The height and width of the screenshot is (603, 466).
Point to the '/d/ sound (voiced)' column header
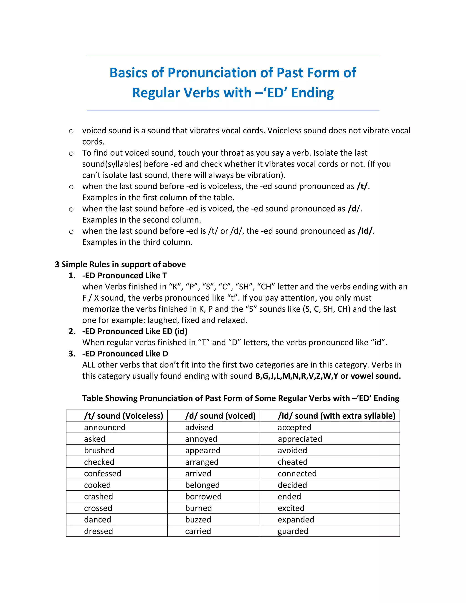tap(220, 416)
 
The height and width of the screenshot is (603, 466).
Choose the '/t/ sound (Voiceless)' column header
tap(123, 416)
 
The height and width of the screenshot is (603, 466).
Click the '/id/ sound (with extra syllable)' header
tap(336, 416)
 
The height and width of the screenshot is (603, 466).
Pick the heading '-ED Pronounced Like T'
tap(124, 276)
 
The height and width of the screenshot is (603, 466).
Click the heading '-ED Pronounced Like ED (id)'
tap(135, 331)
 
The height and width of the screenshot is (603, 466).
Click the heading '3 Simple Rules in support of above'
tap(120, 264)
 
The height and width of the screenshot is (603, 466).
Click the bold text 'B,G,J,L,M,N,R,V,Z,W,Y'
tap(296, 376)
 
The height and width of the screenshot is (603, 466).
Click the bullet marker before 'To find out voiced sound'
tap(71, 154)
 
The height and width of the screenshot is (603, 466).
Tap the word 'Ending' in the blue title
tap(312, 93)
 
